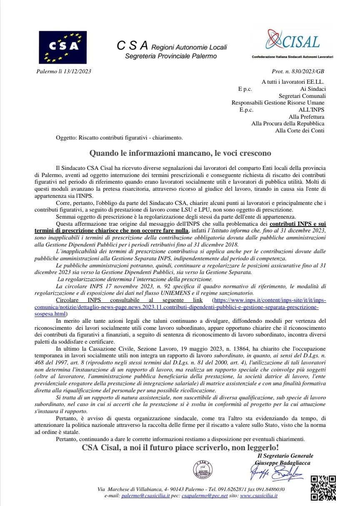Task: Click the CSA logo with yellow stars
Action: [x=63, y=47]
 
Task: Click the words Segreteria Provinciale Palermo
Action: [x=171, y=56]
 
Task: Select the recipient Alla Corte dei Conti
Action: [x=300, y=131]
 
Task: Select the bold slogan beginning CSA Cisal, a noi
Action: [x=180, y=448]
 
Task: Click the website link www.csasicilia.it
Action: [x=259, y=496]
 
